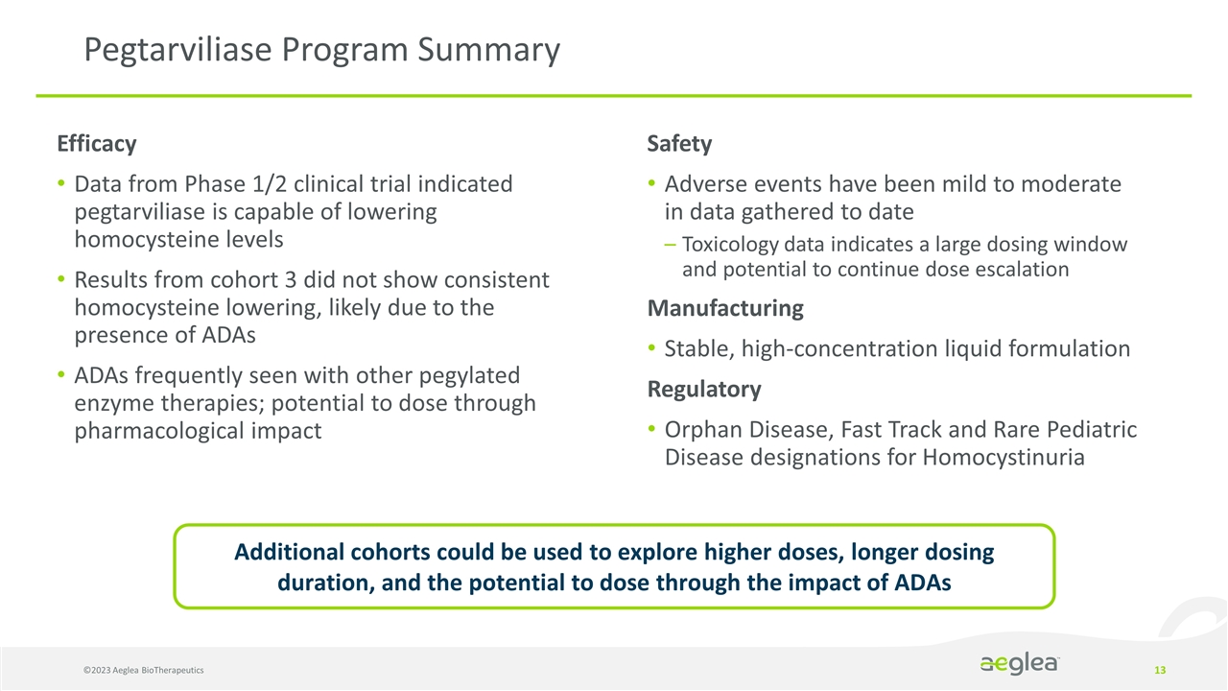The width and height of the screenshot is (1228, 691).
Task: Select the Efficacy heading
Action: [x=96, y=144]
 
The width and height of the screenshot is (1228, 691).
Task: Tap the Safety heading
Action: [x=679, y=144]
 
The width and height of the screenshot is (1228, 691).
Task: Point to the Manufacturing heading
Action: [x=725, y=309]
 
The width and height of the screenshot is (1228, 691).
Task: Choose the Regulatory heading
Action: [x=704, y=390]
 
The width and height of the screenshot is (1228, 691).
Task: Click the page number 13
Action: [x=1160, y=669]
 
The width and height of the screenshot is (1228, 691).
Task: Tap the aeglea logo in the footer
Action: [x=1020, y=665]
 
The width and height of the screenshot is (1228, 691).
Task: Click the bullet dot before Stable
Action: [x=652, y=349]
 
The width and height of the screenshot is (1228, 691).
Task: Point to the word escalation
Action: [x=1016, y=270]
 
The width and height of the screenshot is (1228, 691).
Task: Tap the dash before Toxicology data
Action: [x=670, y=246]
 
